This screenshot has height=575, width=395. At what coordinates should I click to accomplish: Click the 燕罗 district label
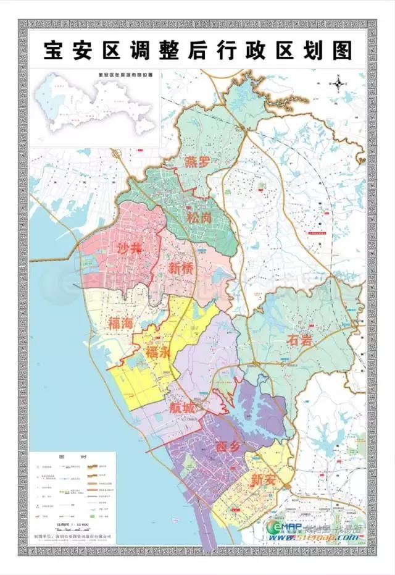click(x=197, y=162)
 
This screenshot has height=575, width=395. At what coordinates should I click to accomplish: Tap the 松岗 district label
click(x=197, y=217)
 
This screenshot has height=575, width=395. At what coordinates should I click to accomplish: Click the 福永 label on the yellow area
click(x=158, y=353)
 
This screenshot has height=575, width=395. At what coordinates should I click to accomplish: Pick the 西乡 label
click(x=228, y=445)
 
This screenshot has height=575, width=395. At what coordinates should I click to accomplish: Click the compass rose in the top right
click(x=338, y=83)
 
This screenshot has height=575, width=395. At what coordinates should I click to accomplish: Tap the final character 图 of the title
click(x=341, y=51)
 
